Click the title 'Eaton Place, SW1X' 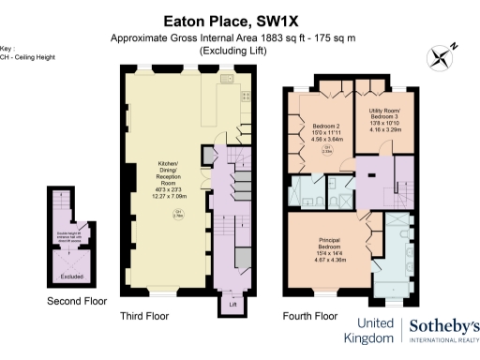(x=239, y=18)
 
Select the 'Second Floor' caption (x=77, y=301)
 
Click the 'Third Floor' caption (x=144, y=317)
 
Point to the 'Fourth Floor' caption (x=309, y=317)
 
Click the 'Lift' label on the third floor (x=232, y=305)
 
